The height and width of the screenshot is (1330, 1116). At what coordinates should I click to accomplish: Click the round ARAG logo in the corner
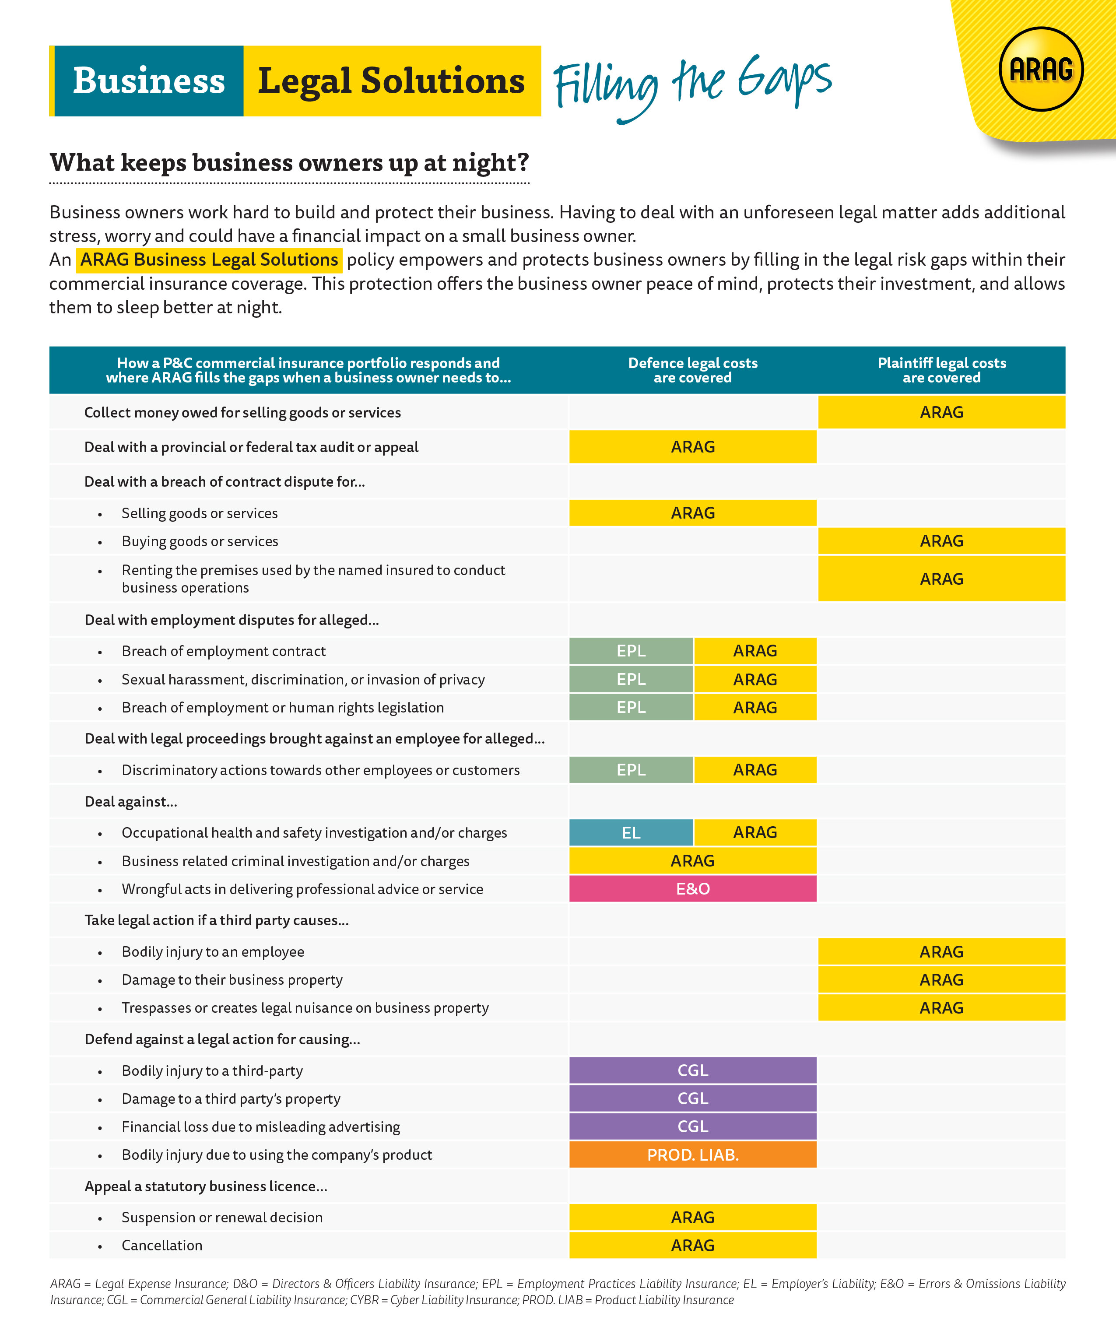(x=1041, y=69)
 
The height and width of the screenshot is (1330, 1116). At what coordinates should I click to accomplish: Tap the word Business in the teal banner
(x=149, y=81)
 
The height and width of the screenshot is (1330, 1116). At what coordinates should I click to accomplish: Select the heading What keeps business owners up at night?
(x=289, y=163)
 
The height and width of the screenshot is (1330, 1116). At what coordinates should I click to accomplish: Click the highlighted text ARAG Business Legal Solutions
(x=209, y=260)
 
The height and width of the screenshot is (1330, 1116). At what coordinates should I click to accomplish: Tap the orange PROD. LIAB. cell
(x=692, y=1155)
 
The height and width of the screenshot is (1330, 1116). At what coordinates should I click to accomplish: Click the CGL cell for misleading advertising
(x=692, y=1126)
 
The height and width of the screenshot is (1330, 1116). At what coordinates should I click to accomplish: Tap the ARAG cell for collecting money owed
(x=941, y=412)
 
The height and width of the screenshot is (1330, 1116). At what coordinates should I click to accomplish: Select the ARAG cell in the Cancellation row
(x=692, y=1245)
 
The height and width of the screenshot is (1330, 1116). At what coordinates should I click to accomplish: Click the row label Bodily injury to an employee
(x=213, y=952)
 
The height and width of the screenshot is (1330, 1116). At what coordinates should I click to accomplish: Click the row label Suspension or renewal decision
(x=222, y=1217)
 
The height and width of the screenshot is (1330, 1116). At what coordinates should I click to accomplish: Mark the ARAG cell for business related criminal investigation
(x=692, y=861)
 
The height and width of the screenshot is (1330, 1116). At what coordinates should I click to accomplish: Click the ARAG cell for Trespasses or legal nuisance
(x=941, y=1007)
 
